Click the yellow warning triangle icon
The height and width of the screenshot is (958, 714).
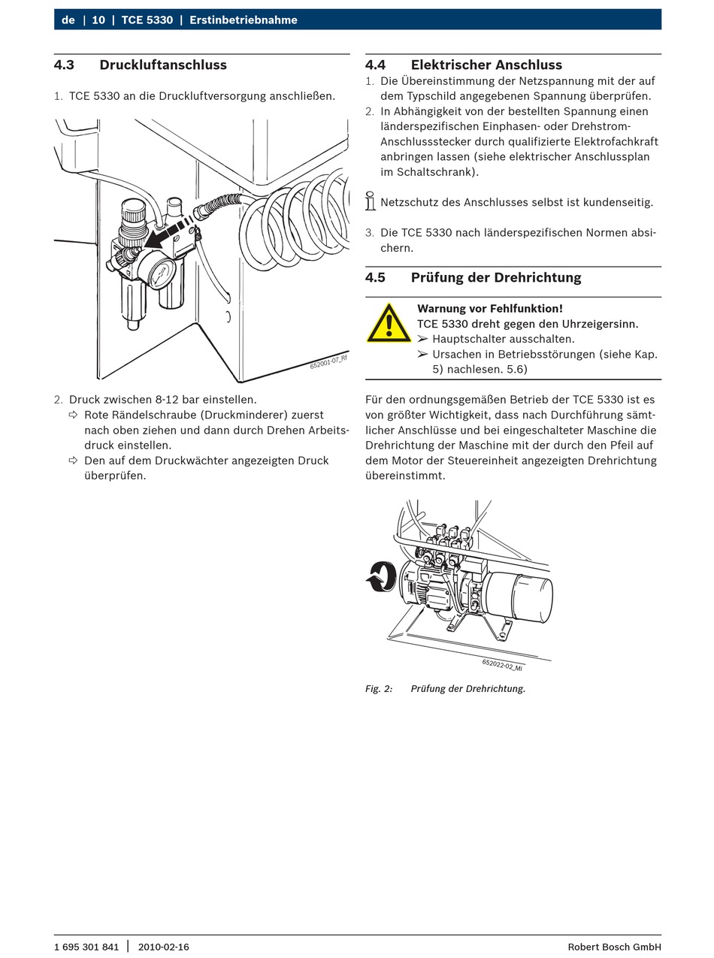tap(389, 324)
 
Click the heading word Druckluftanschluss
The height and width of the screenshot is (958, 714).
tap(163, 65)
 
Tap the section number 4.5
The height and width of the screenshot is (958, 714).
tap(375, 277)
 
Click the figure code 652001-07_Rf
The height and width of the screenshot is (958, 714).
tap(328, 361)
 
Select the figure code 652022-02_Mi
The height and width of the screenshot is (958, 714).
tap(502, 665)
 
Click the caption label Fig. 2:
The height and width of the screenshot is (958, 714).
tap(379, 688)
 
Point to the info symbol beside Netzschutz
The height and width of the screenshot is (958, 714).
tap(370, 201)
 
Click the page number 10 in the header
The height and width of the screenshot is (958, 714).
tap(98, 20)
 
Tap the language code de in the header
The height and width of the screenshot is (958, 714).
tap(68, 20)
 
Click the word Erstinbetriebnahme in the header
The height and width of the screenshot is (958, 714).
tap(244, 20)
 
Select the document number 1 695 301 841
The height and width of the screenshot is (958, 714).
tap(86, 947)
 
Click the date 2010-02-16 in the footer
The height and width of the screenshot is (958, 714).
tap(163, 947)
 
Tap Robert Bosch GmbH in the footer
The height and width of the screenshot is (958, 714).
tap(614, 947)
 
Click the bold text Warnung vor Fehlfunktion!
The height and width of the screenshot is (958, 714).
tap(490, 308)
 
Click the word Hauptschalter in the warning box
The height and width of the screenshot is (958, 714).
tap(465, 339)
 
